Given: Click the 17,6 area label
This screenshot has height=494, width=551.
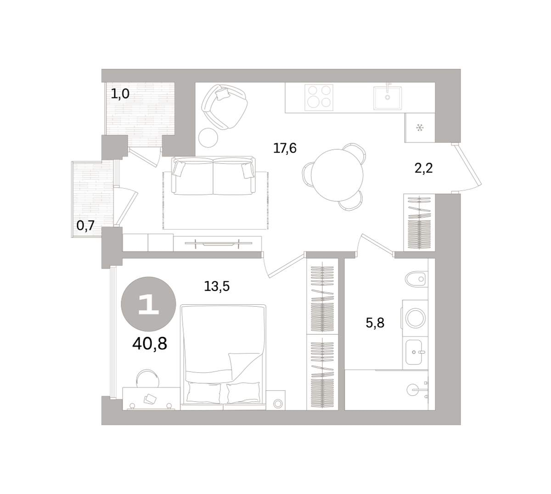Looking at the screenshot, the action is point(285,149).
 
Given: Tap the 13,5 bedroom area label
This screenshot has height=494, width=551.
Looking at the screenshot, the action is point(217,286).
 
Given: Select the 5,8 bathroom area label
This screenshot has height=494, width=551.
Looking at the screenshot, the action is point(375,323).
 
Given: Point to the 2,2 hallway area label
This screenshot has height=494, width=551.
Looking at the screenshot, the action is point(423,168).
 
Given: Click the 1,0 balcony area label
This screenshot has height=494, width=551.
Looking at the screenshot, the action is point(120,94).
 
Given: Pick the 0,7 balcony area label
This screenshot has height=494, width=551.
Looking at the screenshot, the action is point(85,225).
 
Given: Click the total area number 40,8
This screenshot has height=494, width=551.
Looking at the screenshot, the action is point(150,343).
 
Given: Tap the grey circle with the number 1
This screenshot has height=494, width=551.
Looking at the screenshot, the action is point(148,304).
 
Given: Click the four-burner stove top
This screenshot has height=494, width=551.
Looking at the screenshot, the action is point(319,97).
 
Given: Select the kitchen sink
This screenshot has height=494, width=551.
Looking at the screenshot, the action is point(387,98).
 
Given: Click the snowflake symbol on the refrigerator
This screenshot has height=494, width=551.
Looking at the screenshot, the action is point(420,127).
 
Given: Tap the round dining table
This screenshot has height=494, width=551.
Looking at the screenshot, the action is point(337,175).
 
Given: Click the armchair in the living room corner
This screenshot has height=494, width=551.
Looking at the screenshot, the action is point(225,107).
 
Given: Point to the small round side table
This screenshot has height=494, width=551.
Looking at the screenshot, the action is point(208,138).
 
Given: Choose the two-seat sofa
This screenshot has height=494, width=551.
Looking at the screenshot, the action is point(214,176).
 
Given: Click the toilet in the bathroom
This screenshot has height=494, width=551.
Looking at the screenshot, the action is point(416,279).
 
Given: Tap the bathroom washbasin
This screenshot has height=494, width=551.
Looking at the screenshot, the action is point(414,353).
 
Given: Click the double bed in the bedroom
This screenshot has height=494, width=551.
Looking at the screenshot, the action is point(223,357).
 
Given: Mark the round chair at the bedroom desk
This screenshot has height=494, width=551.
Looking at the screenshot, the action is point(147,378).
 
